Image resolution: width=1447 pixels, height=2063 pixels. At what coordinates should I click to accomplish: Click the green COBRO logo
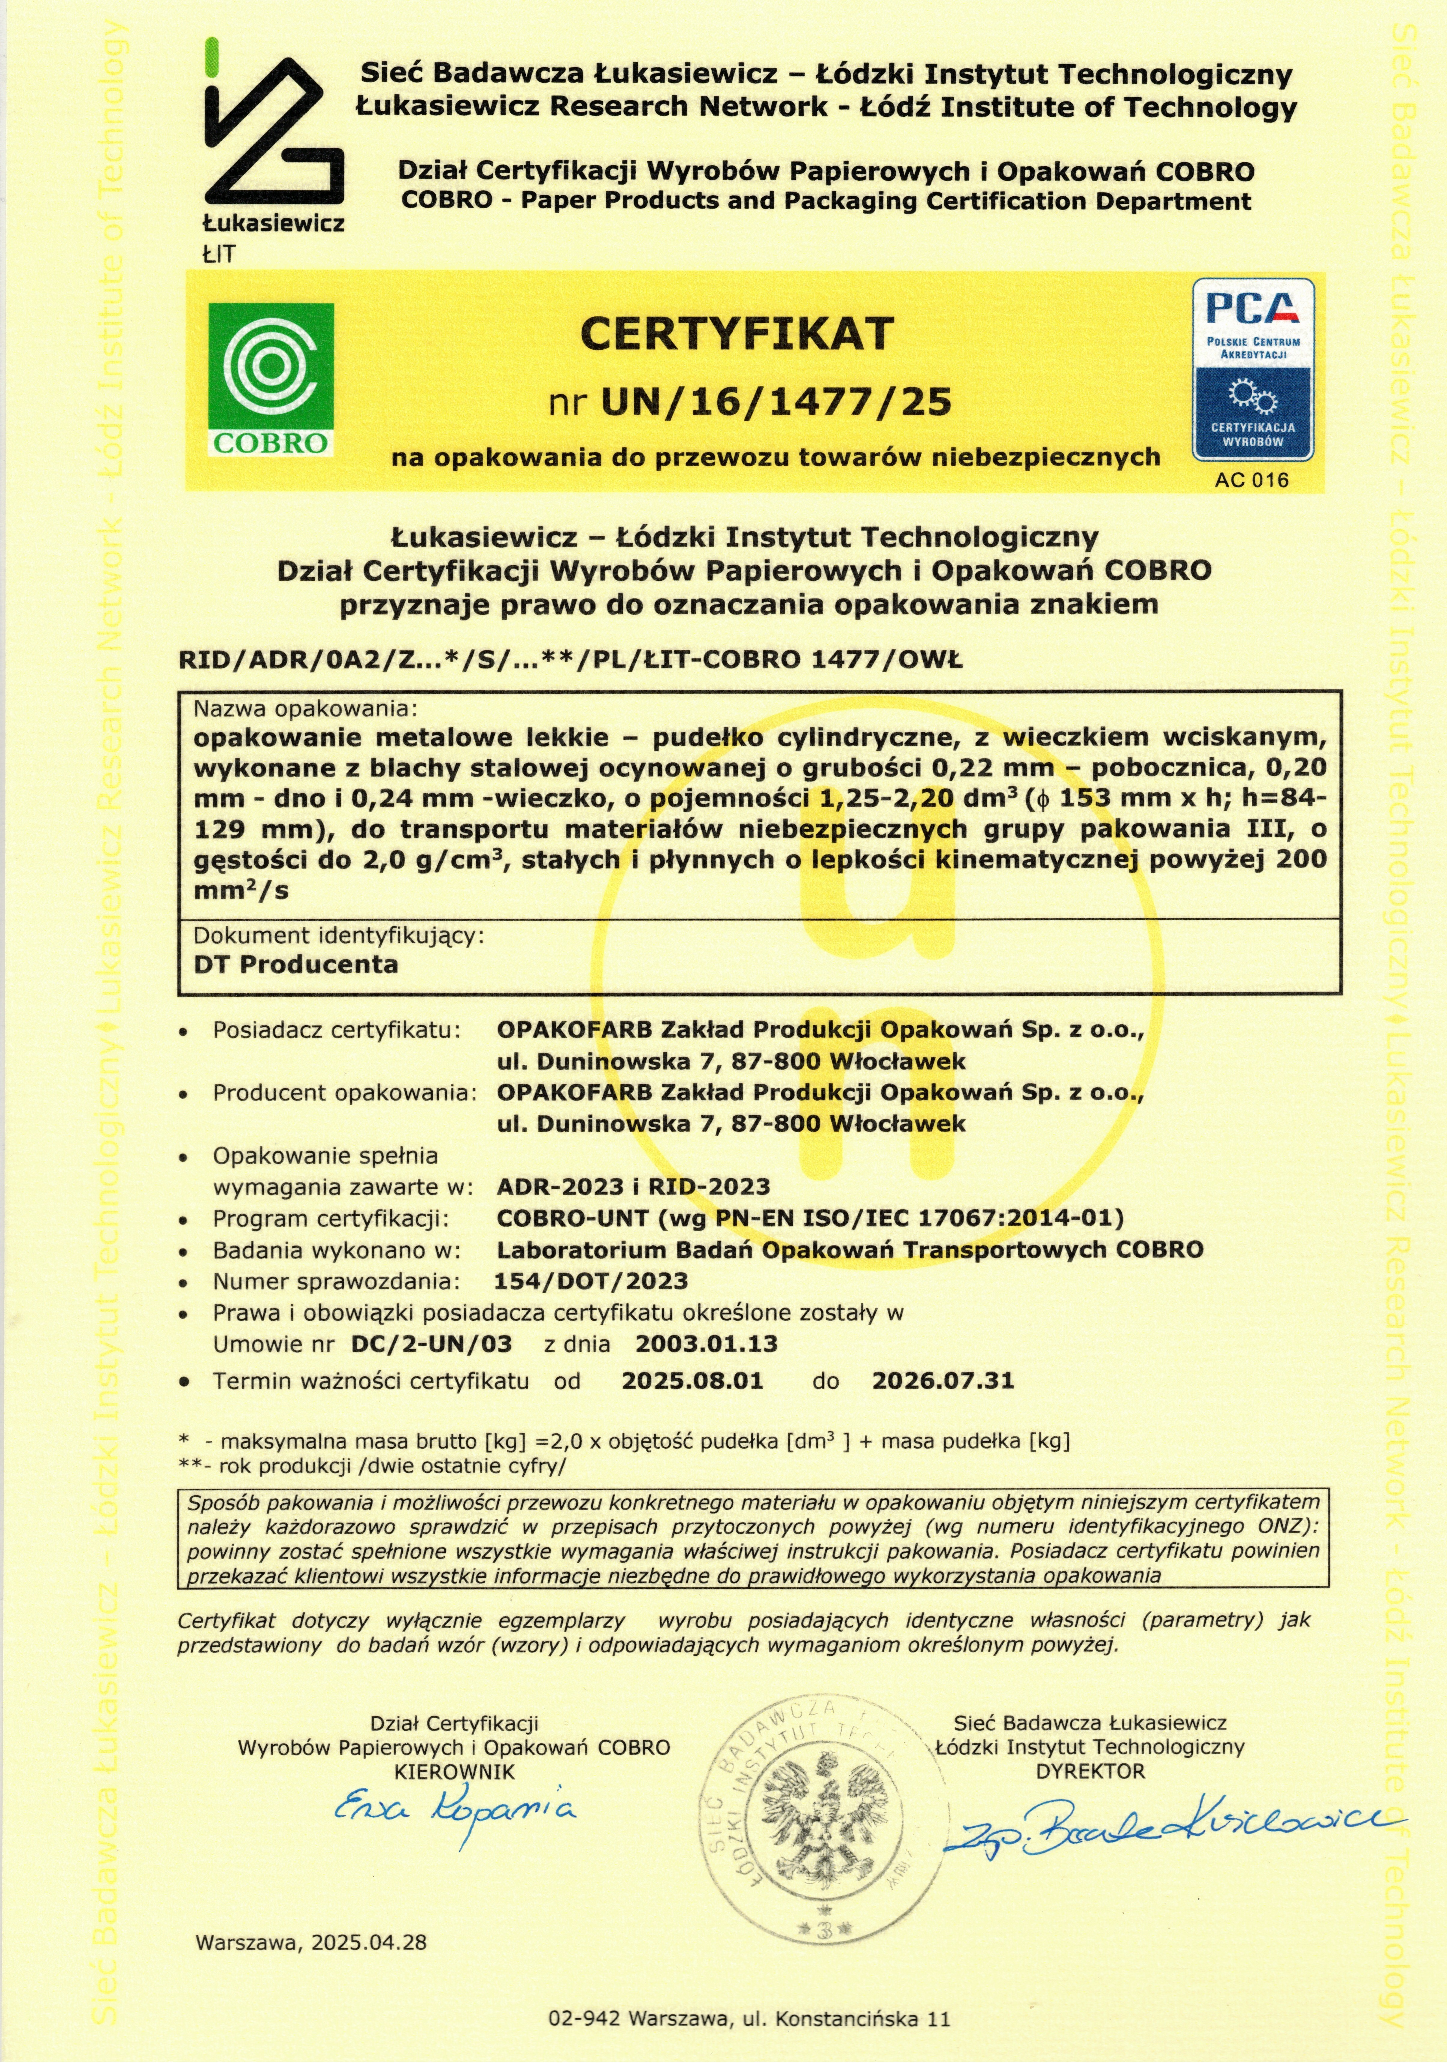(x=271, y=379)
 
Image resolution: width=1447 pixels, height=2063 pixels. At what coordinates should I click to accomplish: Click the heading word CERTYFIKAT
(x=736, y=333)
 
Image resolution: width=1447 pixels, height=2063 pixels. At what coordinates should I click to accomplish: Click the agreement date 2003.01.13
(x=707, y=1344)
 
